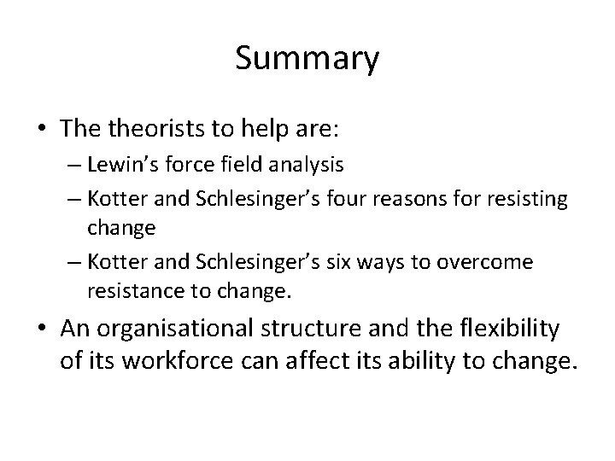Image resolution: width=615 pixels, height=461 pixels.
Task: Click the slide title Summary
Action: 307,59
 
